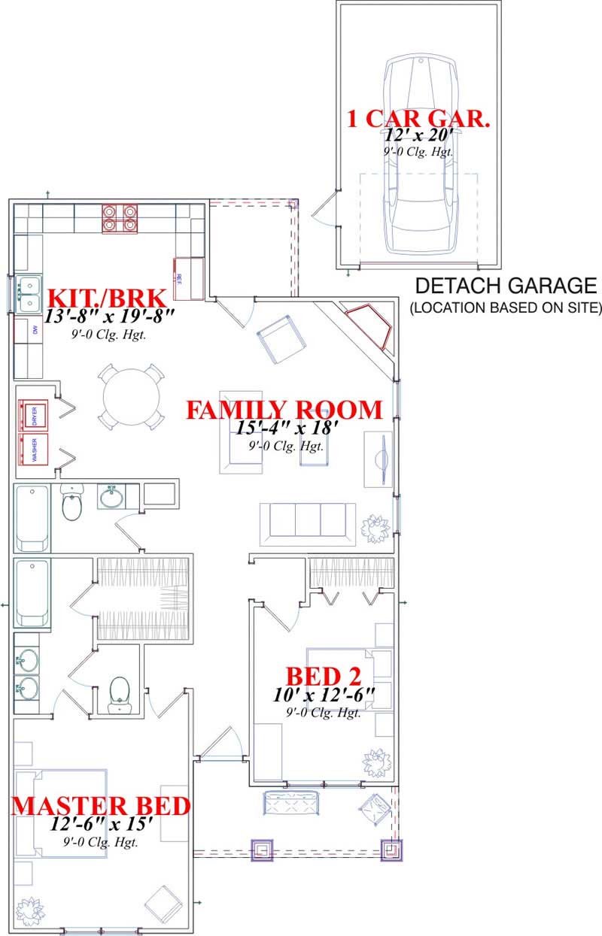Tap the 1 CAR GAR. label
[x=418, y=119]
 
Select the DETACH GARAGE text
[x=506, y=286]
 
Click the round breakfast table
[x=131, y=397]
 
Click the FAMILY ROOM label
[x=284, y=410]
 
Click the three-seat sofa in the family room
[x=307, y=520]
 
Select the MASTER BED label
[x=101, y=806]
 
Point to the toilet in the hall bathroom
[x=72, y=504]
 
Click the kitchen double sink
[x=29, y=294]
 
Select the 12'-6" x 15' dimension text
[x=101, y=825]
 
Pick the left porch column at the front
[x=262, y=850]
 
